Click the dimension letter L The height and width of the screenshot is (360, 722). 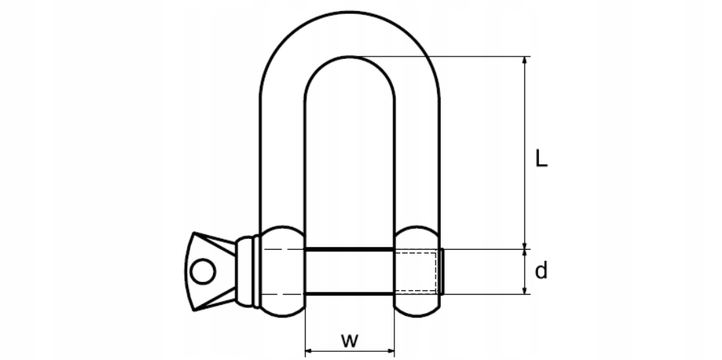541,159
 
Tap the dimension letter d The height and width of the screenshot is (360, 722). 541,272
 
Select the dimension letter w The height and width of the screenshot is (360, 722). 350,340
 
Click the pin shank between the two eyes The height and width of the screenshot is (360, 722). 350,272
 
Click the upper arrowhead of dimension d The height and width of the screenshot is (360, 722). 524,254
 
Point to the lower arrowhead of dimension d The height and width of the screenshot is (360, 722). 524,290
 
